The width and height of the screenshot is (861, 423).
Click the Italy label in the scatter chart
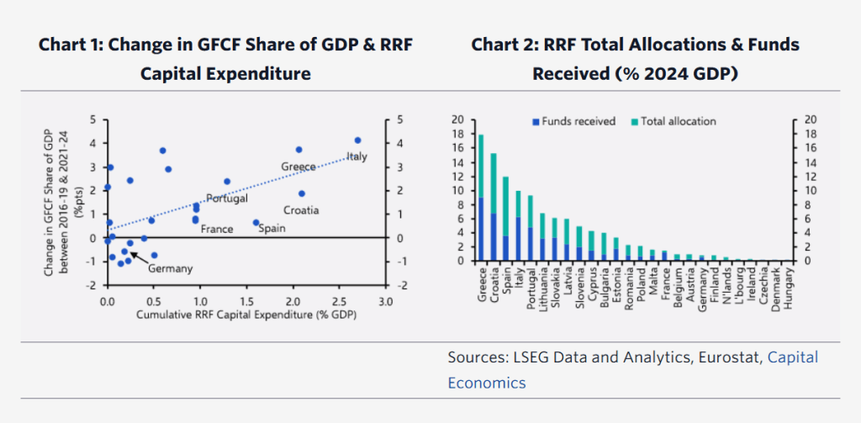click(x=357, y=156)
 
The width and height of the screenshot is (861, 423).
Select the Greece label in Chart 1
click(x=298, y=167)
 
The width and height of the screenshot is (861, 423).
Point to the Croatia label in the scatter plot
click(x=302, y=210)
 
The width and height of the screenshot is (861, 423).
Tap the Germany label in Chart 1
click(x=171, y=268)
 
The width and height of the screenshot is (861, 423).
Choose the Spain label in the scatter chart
click(x=272, y=228)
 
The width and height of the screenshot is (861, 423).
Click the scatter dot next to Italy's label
click(x=357, y=140)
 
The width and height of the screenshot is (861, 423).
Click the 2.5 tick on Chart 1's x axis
click(x=338, y=300)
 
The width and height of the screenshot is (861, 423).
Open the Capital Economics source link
click(x=633, y=370)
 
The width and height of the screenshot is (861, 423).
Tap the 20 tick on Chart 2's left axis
click(x=458, y=119)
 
